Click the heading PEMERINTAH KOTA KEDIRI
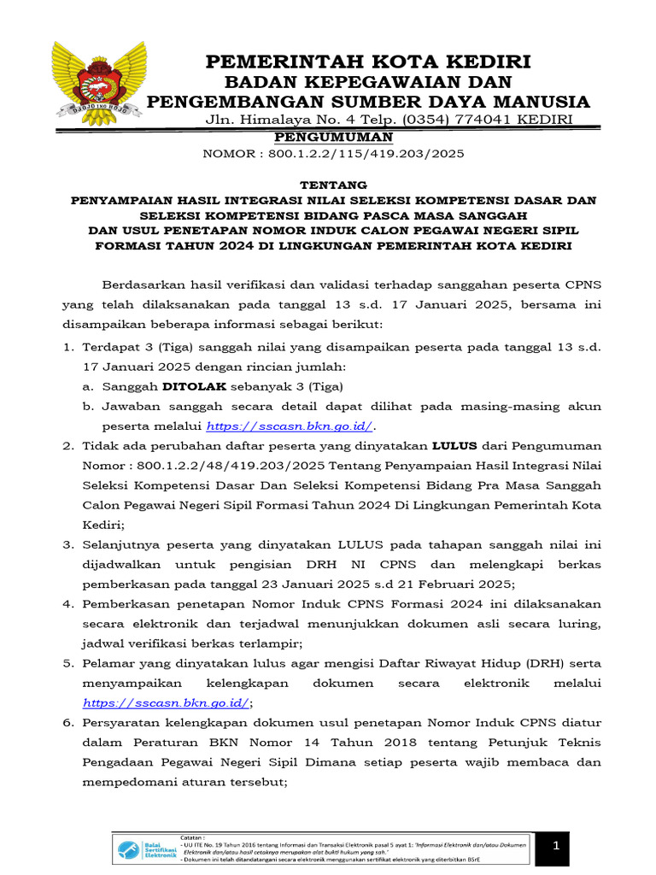point(368,62)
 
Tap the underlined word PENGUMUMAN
point(333,137)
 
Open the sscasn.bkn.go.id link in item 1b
point(290,426)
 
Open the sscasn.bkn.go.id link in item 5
point(166,702)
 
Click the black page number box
point(555,846)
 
